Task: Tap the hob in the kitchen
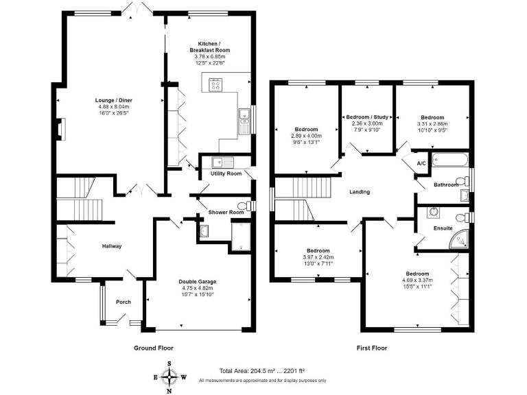215,84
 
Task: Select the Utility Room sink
222,163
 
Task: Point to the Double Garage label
198,282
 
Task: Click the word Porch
124,302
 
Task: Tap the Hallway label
112,246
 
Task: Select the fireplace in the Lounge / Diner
60,129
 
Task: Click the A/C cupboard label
421,164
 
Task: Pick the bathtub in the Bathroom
450,160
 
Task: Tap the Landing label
360,192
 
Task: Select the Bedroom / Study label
367,117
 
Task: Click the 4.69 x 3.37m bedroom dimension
417,280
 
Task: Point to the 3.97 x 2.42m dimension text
318,257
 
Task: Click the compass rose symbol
169,377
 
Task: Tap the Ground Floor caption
154,348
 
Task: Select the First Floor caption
372,348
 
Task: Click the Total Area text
262,371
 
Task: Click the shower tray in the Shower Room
241,236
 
